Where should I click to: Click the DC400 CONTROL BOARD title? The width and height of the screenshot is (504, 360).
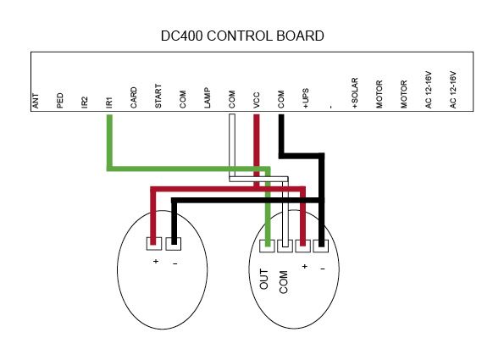242,36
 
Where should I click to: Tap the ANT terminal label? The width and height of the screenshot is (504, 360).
36,101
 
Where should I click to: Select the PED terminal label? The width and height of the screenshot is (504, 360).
60,101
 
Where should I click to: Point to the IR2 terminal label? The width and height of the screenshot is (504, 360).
85,102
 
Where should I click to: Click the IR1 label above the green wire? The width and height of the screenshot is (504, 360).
109,102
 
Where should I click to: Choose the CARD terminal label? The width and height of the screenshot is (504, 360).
133,97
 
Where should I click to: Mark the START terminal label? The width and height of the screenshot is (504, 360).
158,96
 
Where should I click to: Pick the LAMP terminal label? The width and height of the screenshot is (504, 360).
208,97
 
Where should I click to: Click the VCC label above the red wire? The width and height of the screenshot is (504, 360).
256,100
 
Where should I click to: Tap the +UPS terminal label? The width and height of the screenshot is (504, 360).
305,98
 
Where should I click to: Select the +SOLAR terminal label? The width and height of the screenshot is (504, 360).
355,93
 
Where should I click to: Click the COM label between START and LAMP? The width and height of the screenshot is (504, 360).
183,99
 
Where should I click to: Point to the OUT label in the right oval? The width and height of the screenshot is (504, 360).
263,280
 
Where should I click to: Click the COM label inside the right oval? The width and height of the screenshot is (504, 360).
283,282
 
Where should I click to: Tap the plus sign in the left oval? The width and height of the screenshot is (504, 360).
156,261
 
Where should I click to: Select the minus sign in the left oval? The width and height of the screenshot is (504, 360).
174,264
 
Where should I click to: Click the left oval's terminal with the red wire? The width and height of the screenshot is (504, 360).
154,244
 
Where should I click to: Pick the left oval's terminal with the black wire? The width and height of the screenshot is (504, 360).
174,244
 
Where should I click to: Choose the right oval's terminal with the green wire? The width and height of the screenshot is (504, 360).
267,246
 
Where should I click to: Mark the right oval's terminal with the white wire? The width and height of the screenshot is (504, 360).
285,246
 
